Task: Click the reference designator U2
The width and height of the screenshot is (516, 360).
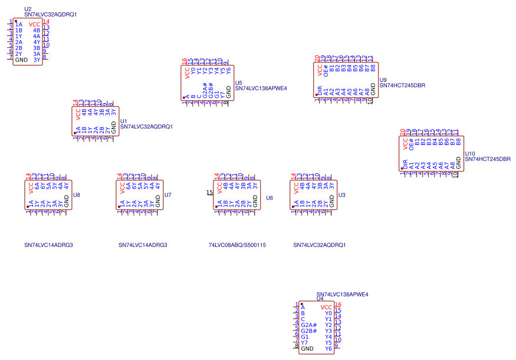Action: pos(28,9)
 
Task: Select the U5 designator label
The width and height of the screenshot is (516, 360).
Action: pos(238,83)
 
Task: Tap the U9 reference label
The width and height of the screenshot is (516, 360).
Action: pos(383,80)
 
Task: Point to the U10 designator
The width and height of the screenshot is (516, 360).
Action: pos(470,153)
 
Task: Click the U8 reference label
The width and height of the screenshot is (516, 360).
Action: pos(77,195)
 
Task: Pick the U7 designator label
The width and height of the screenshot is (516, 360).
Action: pos(168,195)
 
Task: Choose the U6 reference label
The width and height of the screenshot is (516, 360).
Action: pos(269,198)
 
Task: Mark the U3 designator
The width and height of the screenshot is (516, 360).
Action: pos(342,195)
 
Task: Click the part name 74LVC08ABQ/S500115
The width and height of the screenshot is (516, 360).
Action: pos(237,245)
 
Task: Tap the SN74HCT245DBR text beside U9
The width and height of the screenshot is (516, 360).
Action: pos(402,85)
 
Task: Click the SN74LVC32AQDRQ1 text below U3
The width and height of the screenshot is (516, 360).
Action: pos(319,245)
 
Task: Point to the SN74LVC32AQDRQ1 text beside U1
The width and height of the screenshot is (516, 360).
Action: pos(146,127)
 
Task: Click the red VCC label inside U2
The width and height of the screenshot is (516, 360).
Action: pos(34,24)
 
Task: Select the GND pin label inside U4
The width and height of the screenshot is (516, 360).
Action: pos(307,349)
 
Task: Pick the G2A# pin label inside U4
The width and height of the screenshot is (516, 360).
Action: pos(308,325)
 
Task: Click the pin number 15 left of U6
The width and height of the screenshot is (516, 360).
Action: pos(209,192)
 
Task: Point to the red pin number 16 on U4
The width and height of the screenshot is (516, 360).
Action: pos(338,305)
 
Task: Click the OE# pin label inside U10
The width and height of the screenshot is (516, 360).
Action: pos(411,143)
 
